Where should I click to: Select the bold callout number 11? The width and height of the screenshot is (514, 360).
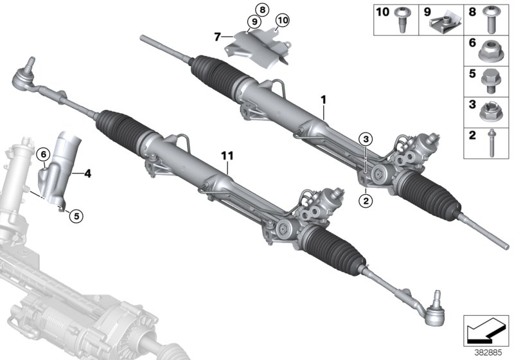[227, 156]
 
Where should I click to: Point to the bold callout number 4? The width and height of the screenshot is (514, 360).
[87, 172]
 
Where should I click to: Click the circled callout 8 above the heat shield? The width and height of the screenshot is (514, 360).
[261, 8]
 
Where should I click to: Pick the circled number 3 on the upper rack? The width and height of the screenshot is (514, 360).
[365, 139]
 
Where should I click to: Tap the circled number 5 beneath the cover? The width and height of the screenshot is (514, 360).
[76, 216]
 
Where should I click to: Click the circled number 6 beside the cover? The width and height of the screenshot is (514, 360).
[43, 154]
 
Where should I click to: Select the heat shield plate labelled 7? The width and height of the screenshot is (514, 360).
[257, 46]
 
